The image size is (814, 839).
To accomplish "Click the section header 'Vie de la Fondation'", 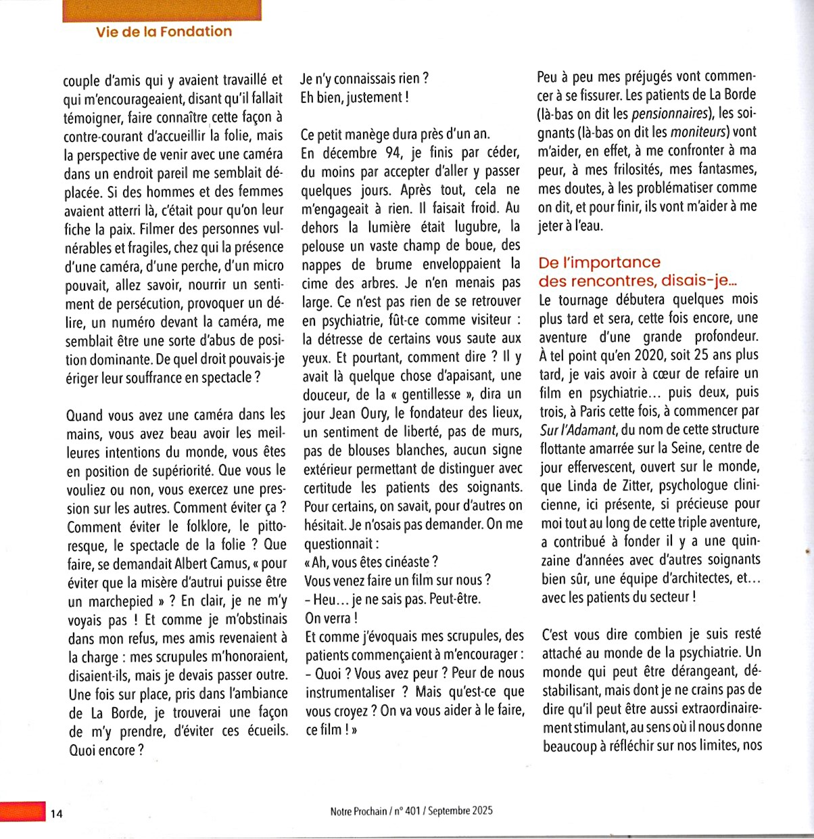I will click(164, 31).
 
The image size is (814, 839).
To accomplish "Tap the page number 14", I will click(56, 814).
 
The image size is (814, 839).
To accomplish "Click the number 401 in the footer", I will click(412, 811).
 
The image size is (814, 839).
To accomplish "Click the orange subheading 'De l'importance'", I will click(599, 263).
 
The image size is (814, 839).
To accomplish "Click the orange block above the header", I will click(162, 10).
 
